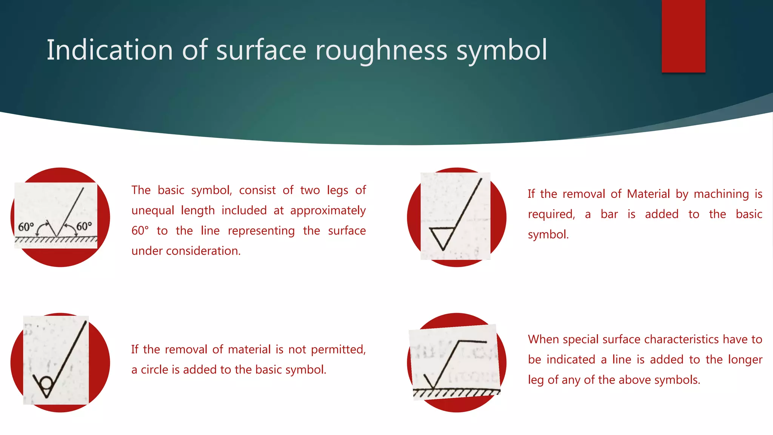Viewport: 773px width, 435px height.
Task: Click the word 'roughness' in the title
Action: [x=381, y=50]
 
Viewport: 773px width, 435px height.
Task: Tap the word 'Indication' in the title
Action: [x=110, y=50]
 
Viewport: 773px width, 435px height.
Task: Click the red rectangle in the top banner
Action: [x=683, y=36]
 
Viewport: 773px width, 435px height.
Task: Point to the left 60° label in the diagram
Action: [x=26, y=227]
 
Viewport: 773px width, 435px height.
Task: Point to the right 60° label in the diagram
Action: [x=84, y=226]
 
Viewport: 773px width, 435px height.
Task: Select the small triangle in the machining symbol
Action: [x=442, y=237]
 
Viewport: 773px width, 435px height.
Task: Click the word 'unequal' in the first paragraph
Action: [x=154, y=210]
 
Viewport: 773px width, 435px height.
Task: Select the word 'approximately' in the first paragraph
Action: [x=328, y=210]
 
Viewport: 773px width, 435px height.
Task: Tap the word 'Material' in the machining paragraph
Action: [x=648, y=194]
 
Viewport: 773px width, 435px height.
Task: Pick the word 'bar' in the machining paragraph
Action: [x=609, y=214]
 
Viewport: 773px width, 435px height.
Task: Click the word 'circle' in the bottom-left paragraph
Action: [x=154, y=369]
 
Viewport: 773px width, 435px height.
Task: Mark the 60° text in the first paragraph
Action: [x=140, y=231]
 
